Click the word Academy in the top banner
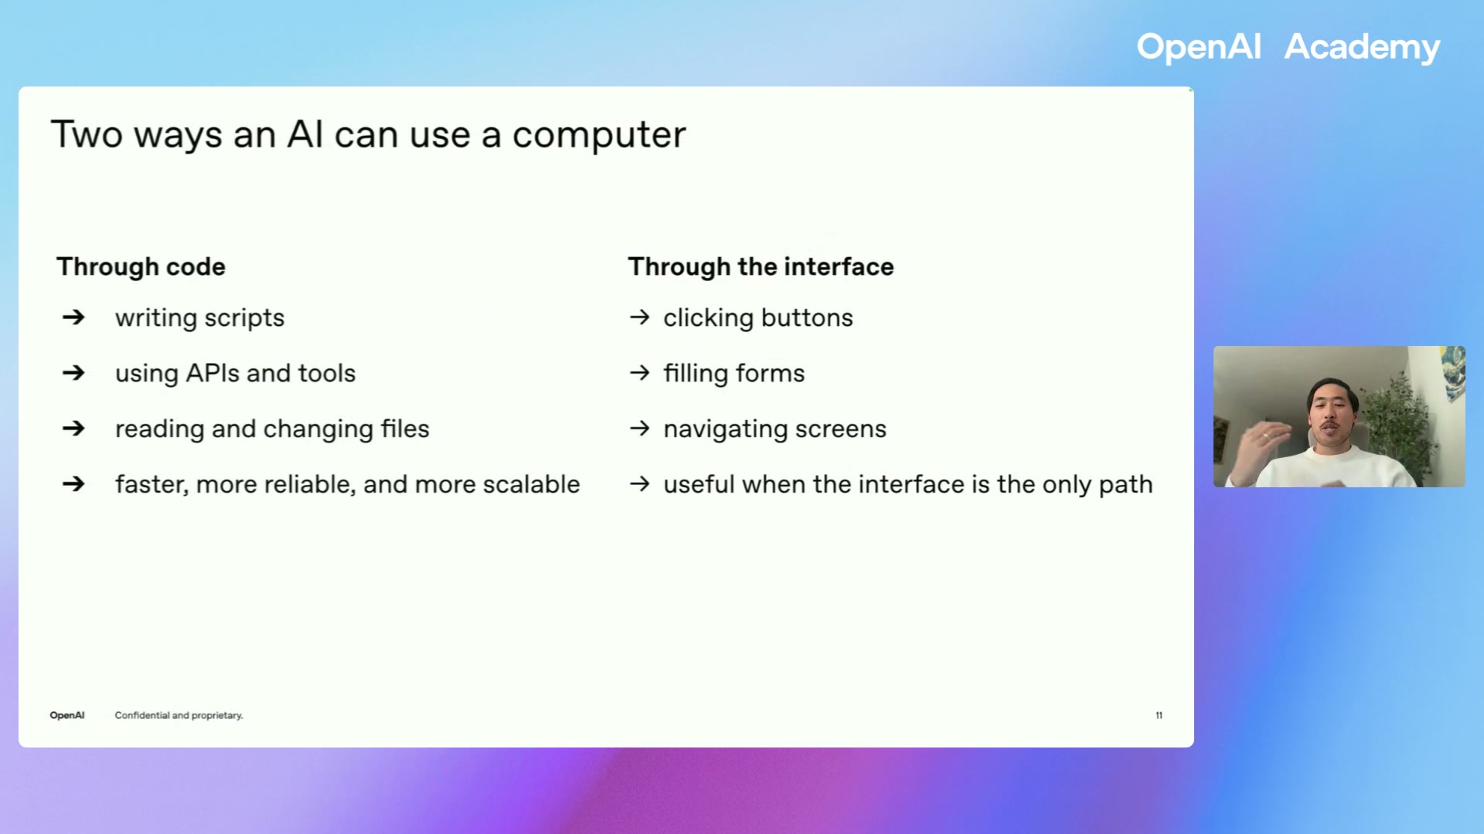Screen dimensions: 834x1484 click(x=1361, y=48)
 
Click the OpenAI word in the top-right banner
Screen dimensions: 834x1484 click(x=1198, y=48)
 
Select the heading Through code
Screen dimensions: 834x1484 click(x=141, y=266)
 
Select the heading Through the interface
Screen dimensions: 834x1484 click(x=761, y=266)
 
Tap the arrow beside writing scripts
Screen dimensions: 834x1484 click(x=73, y=317)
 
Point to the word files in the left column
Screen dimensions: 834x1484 click(x=405, y=429)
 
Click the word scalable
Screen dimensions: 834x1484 click(x=531, y=484)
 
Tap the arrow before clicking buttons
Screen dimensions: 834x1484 click(x=639, y=317)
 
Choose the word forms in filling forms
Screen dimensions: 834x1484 click(x=770, y=373)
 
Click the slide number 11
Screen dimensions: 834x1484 click(x=1159, y=715)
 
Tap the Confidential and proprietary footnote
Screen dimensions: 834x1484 click(x=179, y=715)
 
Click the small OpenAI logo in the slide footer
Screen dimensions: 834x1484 click(x=67, y=715)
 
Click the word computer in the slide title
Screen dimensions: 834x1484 click(x=599, y=135)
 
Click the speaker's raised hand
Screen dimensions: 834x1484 click(x=1256, y=448)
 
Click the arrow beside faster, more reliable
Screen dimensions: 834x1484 click(x=73, y=484)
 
